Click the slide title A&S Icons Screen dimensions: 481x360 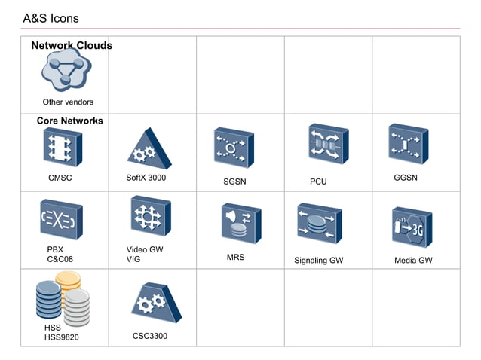(x=51, y=18)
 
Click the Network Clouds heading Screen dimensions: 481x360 (x=72, y=46)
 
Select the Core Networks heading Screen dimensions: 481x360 (x=69, y=121)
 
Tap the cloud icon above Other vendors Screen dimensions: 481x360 (x=66, y=72)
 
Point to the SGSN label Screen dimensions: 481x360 (x=234, y=182)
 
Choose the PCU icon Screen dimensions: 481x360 (x=327, y=144)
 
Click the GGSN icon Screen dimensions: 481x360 (x=408, y=144)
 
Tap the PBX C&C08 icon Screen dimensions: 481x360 (x=61, y=219)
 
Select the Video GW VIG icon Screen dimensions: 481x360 (x=149, y=217)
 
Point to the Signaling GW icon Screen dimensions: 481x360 (x=319, y=223)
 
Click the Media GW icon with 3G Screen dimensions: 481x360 (x=411, y=226)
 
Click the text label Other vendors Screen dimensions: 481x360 (x=68, y=102)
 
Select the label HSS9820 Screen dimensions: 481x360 (x=61, y=337)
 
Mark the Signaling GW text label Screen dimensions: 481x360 (x=318, y=261)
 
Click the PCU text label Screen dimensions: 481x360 (x=318, y=182)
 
